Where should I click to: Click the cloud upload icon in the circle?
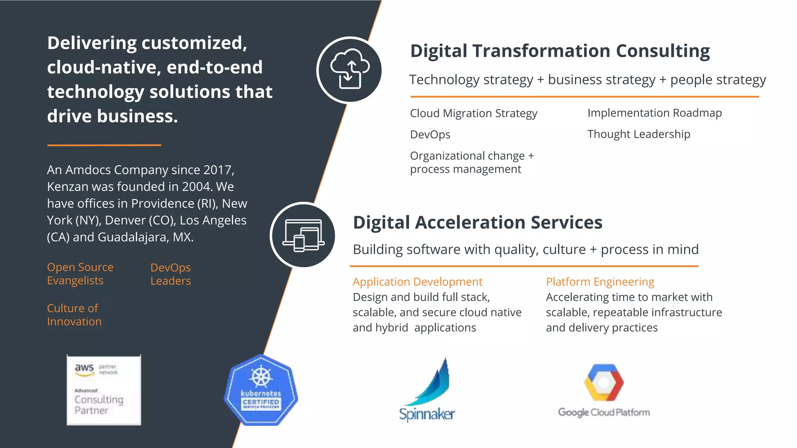tap(349, 70)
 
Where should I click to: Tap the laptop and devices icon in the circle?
tap(303, 235)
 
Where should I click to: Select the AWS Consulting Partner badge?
tap(104, 390)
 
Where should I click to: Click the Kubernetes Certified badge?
tap(261, 390)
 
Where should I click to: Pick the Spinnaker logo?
tap(427, 390)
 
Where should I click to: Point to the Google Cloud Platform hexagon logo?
tap(604, 383)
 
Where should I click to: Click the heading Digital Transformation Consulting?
tap(560, 51)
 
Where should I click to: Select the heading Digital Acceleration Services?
tap(477, 222)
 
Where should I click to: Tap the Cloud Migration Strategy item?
tap(473, 113)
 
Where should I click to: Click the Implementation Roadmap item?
tap(654, 113)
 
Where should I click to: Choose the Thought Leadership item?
tap(638, 134)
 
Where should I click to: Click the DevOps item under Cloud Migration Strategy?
tap(430, 135)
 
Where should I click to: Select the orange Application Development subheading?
tap(417, 282)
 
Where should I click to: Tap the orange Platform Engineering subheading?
tap(600, 282)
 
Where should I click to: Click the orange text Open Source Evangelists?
tap(80, 274)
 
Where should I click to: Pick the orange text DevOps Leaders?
tap(170, 274)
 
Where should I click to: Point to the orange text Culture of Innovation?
tap(74, 315)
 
